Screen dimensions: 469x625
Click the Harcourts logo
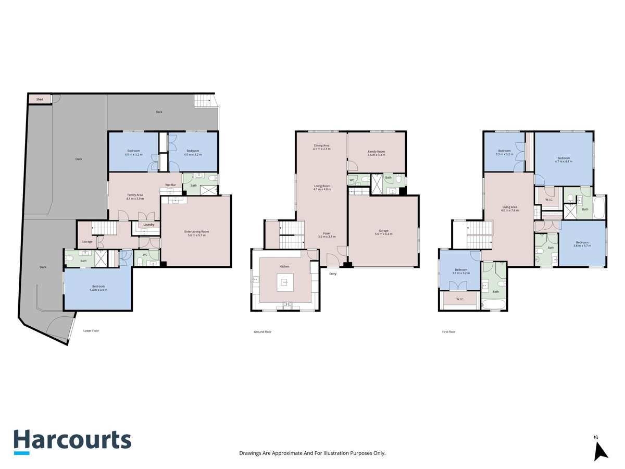point(72,441)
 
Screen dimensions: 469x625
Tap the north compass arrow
point(601,449)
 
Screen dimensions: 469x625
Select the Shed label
point(40,99)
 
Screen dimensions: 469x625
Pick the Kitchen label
point(284,266)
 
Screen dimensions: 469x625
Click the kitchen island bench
point(285,282)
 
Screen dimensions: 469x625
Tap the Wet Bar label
point(170,185)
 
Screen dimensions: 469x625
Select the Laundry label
point(149,225)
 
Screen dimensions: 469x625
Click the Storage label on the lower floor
point(87,242)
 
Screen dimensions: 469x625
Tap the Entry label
point(333,274)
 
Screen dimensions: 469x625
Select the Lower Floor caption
point(91,330)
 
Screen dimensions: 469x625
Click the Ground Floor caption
point(262,331)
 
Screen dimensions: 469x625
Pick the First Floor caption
point(448,331)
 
